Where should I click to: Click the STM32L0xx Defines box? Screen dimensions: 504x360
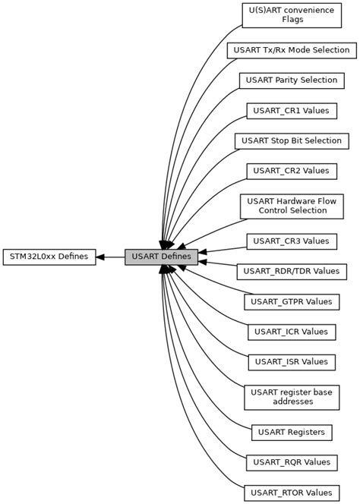click(x=49, y=257)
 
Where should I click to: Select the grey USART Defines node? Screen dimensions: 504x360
click(x=161, y=257)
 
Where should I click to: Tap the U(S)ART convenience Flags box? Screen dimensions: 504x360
click(x=291, y=14)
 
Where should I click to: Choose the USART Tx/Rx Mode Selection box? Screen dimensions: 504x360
click(x=291, y=50)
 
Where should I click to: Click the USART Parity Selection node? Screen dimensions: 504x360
click(x=292, y=80)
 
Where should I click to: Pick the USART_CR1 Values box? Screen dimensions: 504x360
click(x=291, y=111)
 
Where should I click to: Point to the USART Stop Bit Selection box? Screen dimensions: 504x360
click(x=292, y=140)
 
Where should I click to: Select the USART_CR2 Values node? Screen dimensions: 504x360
click(x=291, y=171)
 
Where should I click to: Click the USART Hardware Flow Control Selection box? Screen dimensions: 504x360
click(x=291, y=206)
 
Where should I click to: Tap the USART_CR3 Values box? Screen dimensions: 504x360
click(x=291, y=241)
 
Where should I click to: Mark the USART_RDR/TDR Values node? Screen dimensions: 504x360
click(x=292, y=271)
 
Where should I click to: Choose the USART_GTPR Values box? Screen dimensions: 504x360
click(x=291, y=301)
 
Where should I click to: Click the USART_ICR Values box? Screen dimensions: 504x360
click(x=291, y=332)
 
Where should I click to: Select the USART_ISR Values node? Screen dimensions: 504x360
click(x=291, y=361)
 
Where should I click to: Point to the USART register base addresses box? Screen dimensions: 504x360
click(x=291, y=396)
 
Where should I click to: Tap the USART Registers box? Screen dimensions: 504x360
click(x=292, y=432)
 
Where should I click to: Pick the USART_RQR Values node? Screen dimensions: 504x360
click(x=291, y=461)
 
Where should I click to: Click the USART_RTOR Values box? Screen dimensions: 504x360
click(x=291, y=492)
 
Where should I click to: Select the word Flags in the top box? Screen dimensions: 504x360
click(x=291, y=20)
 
